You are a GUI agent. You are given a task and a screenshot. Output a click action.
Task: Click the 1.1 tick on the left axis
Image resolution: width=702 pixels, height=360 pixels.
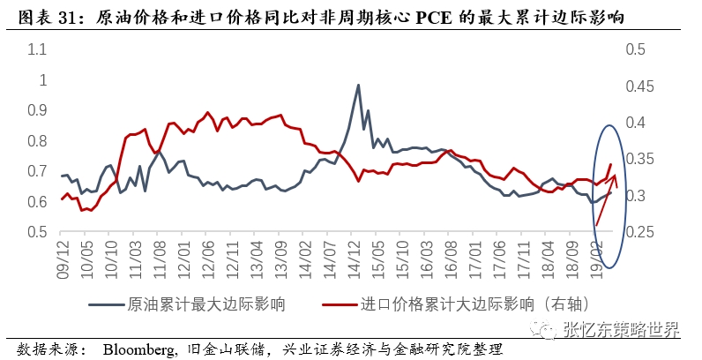[x=37, y=49]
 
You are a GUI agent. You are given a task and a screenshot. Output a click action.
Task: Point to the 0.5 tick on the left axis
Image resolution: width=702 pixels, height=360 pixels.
[x=37, y=233]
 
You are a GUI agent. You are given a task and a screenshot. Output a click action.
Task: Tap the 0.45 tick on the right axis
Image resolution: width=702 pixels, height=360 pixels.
[x=641, y=86]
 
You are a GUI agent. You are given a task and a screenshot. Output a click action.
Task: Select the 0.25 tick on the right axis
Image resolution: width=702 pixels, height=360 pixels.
[x=641, y=233]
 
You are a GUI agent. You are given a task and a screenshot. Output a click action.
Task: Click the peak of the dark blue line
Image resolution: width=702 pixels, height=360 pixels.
[x=358, y=85]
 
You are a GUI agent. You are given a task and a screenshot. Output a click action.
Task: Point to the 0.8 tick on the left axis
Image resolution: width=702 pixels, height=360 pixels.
[x=37, y=141]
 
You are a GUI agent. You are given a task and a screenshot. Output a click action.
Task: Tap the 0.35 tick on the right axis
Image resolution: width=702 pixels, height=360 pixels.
[x=641, y=160]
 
